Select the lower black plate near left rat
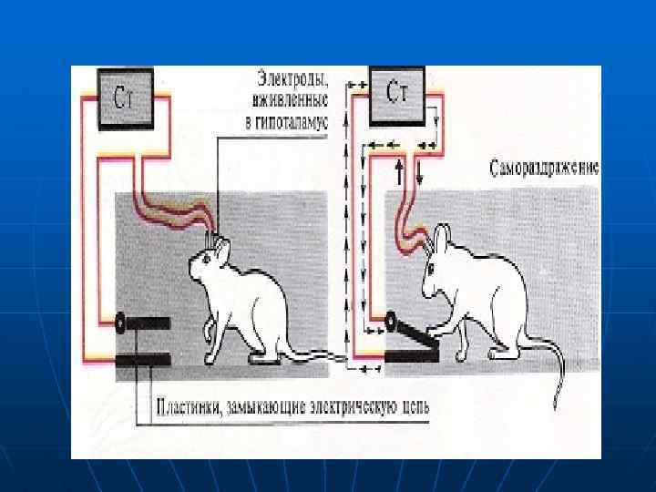[x=143, y=356]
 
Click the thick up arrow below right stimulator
[x=399, y=172]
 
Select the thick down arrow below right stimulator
[x=419, y=172]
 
